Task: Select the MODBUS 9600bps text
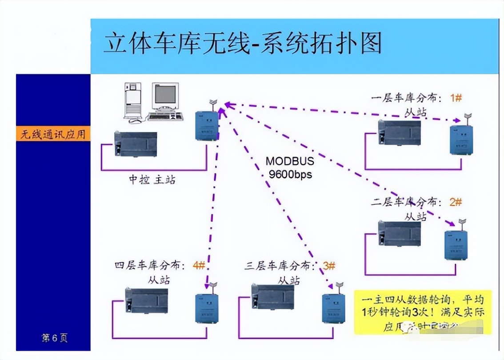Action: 290,168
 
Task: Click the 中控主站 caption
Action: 152,180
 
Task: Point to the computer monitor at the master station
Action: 165,96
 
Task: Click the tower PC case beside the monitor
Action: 132,101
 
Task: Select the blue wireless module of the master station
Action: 207,125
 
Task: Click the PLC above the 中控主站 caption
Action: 136,144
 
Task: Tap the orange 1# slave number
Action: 456,98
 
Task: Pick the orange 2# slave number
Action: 456,202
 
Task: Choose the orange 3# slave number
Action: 329,266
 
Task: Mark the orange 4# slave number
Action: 199,265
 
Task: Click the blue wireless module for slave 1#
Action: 461,140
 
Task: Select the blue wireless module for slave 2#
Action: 456,245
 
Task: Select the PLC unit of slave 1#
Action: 399,132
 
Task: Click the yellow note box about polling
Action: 423,312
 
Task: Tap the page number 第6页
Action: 55,338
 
